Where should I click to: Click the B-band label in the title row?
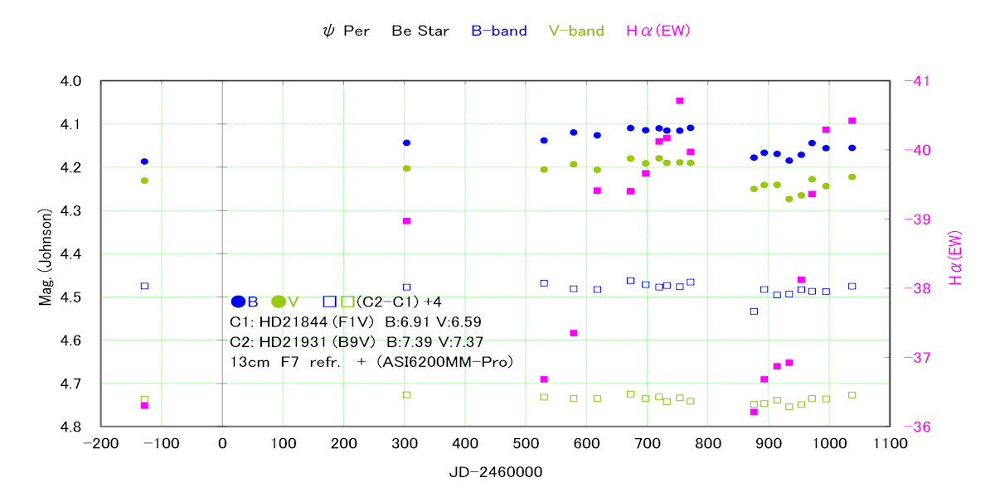tap(498, 31)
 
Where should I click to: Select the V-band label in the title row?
tap(576, 31)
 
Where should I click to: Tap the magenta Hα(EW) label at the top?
tap(658, 31)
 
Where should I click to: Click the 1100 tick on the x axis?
tap(891, 444)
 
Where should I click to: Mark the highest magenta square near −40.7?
tap(680, 101)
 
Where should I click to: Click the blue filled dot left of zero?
tap(144, 162)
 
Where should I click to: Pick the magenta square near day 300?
tap(406, 221)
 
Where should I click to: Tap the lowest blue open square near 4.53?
tap(754, 311)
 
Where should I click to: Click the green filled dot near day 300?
tap(406, 168)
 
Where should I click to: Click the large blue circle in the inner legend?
tap(239, 302)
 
